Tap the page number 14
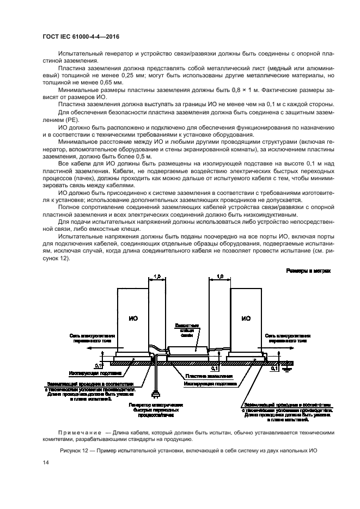[x=45, y=462]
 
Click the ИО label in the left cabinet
[x=133, y=318]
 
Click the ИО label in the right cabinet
[x=246, y=318]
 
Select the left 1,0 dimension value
[x=157, y=277]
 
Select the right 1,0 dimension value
[x=219, y=277]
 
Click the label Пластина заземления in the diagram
[x=203, y=376]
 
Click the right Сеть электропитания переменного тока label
[x=288, y=338]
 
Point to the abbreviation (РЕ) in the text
[x=71, y=119]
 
